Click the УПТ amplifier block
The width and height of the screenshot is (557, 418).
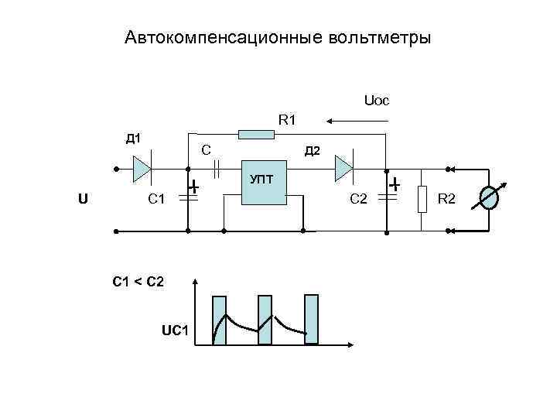(x=264, y=183)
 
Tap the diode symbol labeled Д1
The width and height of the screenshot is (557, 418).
(x=141, y=168)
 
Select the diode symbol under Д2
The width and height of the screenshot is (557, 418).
(x=343, y=167)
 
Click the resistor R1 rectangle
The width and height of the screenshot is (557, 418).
(x=256, y=135)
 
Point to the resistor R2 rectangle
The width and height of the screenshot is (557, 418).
(x=422, y=199)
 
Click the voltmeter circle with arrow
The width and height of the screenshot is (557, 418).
(x=490, y=198)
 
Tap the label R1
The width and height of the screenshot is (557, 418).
(x=287, y=120)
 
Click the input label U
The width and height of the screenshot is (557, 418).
(x=83, y=198)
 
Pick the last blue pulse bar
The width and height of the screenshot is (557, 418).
(x=311, y=319)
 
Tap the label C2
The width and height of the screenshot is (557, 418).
(x=358, y=200)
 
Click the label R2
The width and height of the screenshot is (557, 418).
(x=447, y=200)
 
